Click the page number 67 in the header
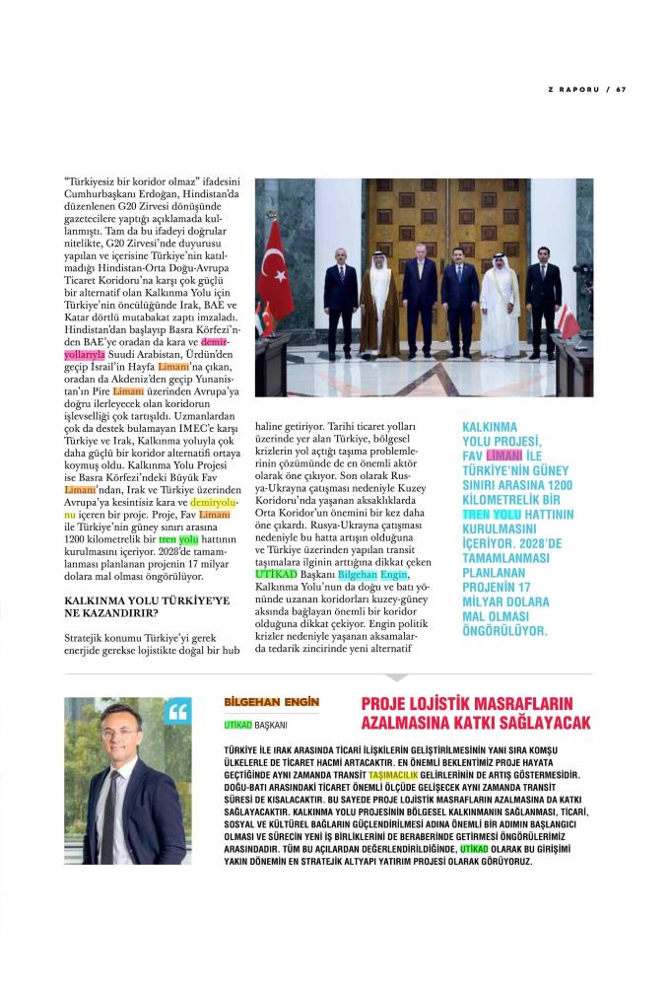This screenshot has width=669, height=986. click(x=622, y=90)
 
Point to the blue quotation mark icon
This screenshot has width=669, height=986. click(x=178, y=712)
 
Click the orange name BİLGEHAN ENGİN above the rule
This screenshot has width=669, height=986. click(x=272, y=702)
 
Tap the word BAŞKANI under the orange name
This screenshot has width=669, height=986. click(x=271, y=727)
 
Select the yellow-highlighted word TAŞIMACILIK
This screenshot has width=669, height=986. click(x=391, y=775)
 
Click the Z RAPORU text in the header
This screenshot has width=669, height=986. click(x=573, y=90)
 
